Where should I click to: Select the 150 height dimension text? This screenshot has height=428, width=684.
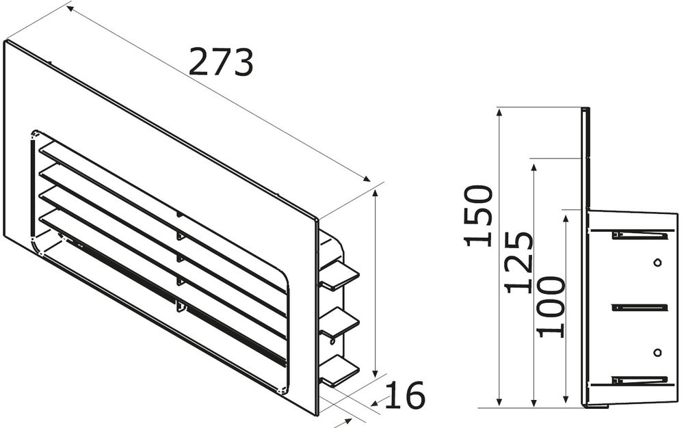[x=478, y=215]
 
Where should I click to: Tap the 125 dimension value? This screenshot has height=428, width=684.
[x=519, y=262]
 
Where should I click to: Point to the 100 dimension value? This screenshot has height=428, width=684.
[x=551, y=306]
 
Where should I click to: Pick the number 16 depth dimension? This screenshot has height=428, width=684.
[x=405, y=395]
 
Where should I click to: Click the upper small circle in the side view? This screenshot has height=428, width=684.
[x=657, y=263]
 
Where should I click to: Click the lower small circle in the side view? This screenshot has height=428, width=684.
[x=657, y=351]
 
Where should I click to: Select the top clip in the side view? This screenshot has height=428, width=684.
[x=640, y=235]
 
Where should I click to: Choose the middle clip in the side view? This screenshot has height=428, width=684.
[x=640, y=308]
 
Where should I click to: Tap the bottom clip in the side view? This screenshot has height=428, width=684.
[x=640, y=380]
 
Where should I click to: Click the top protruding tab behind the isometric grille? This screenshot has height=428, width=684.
[x=339, y=275]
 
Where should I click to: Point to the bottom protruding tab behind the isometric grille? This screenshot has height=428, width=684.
[x=339, y=370]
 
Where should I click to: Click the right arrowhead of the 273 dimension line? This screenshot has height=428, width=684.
[x=368, y=179]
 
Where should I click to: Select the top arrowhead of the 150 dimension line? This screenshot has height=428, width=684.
[x=501, y=111]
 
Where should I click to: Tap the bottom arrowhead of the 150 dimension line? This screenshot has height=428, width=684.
[x=501, y=404]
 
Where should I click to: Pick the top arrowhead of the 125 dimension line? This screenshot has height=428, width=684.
[x=534, y=163]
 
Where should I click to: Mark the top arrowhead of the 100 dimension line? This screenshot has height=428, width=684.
[x=566, y=215]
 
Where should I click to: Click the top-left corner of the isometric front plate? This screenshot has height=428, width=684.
[x=5, y=41]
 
